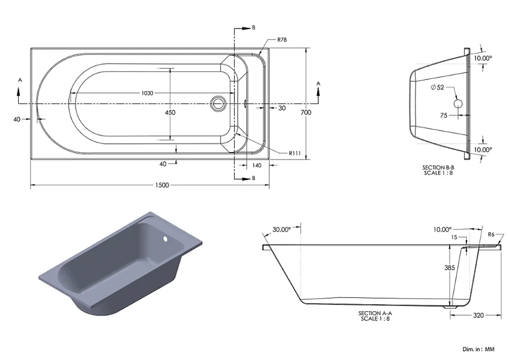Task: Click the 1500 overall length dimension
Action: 163,185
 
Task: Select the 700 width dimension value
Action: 306,112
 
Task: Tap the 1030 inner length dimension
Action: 147,93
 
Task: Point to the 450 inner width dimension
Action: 170,112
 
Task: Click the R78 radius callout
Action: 282,40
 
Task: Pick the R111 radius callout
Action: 295,153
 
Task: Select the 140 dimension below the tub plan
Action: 257,165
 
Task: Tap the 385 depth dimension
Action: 450,267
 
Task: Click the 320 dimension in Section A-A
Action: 479,315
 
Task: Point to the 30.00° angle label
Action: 281,230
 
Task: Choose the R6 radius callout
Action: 491,234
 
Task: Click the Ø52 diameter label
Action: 437,87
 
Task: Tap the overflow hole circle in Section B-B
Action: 458,104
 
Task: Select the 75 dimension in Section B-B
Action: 444,115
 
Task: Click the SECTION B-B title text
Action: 438,167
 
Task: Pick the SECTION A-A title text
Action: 375,313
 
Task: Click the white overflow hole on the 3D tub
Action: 165,239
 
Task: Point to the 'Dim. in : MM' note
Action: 479,349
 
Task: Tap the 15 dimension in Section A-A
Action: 454,237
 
